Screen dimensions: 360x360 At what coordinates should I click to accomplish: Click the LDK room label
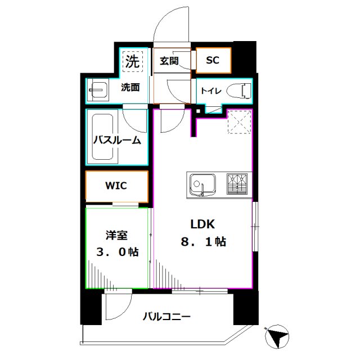(x=203, y=224)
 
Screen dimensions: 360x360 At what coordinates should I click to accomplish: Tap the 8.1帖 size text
(x=203, y=242)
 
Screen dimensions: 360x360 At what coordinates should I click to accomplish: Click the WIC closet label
(x=116, y=186)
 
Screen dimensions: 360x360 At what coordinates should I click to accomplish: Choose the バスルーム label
(x=116, y=141)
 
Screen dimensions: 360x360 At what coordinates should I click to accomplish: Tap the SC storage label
(x=212, y=61)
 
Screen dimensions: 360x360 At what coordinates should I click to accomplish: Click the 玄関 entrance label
(x=169, y=61)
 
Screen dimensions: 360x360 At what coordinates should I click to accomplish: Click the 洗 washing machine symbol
(x=132, y=61)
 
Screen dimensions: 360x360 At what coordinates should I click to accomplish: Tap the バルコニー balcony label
(x=166, y=317)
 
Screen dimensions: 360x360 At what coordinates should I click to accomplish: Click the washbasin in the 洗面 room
(x=99, y=90)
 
